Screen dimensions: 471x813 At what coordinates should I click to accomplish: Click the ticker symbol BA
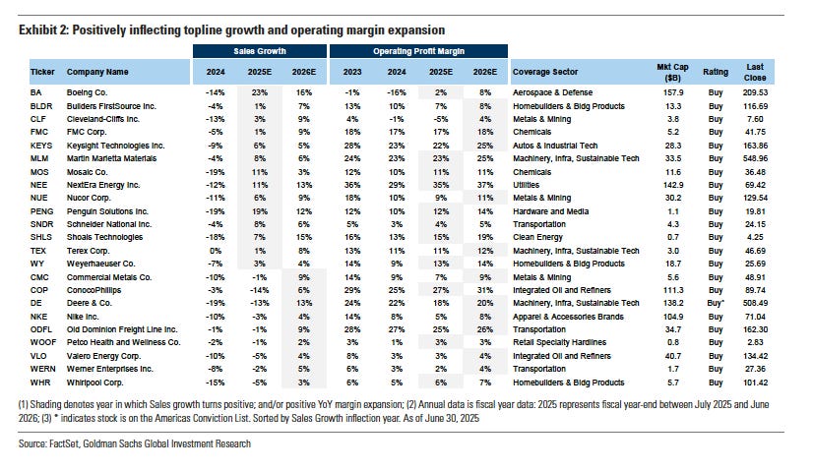pyautogui.click(x=35, y=92)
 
